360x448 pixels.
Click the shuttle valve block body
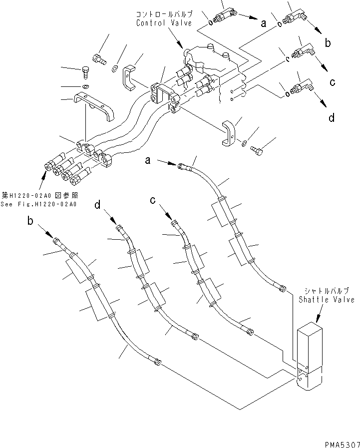click(x=310, y=357)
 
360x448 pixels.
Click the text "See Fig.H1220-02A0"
click(x=38, y=204)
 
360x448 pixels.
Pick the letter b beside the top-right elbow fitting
click(x=328, y=43)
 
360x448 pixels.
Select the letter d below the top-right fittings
click(x=331, y=118)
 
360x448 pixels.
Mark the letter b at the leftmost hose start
click(x=30, y=221)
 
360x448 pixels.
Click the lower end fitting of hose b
click(x=158, y=362)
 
